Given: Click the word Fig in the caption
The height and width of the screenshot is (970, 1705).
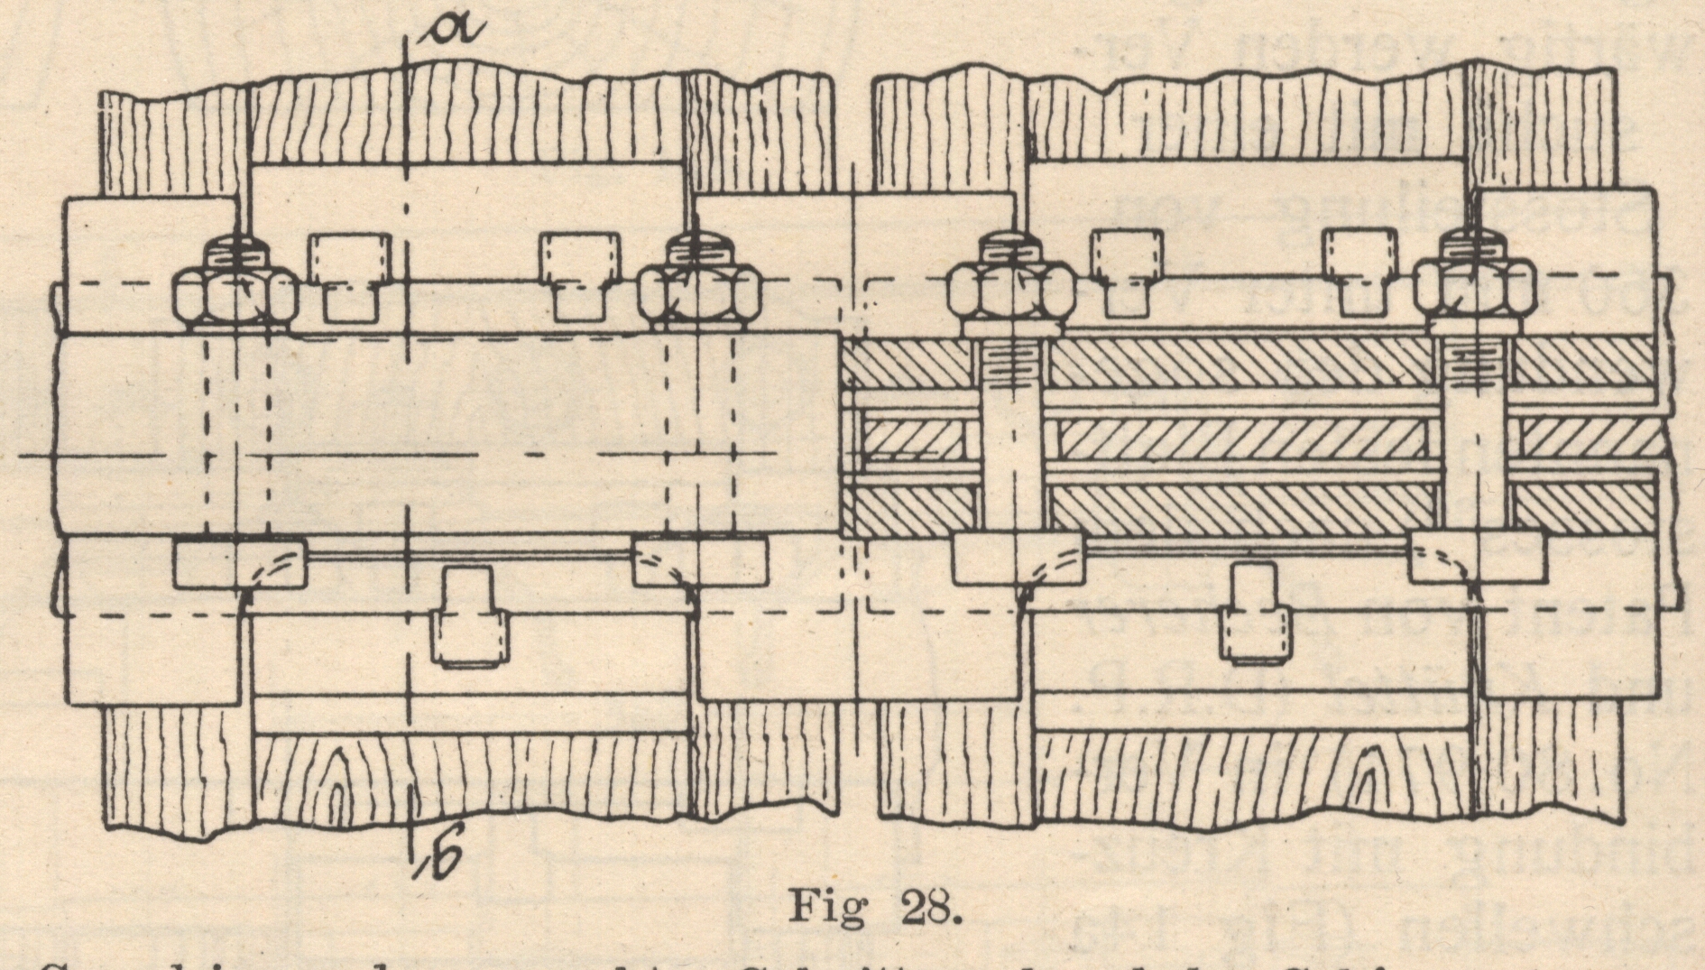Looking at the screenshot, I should click(x=827, y=906).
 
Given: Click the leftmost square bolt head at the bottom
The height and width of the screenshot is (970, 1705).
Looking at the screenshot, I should click(x=240, y=562).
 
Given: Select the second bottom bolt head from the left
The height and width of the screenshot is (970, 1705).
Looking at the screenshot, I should click(x=700, y=560).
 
